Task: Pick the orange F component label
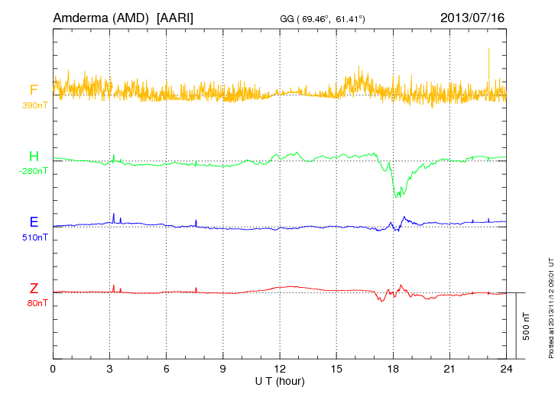pos(34,91)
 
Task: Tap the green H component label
pos(34,157)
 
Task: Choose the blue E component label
pos(34,223)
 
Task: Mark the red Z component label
pos(34,289)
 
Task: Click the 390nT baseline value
pos(35,105)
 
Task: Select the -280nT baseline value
pos(34,171)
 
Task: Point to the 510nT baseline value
pos(35,237)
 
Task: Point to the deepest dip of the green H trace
pos(396,196)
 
